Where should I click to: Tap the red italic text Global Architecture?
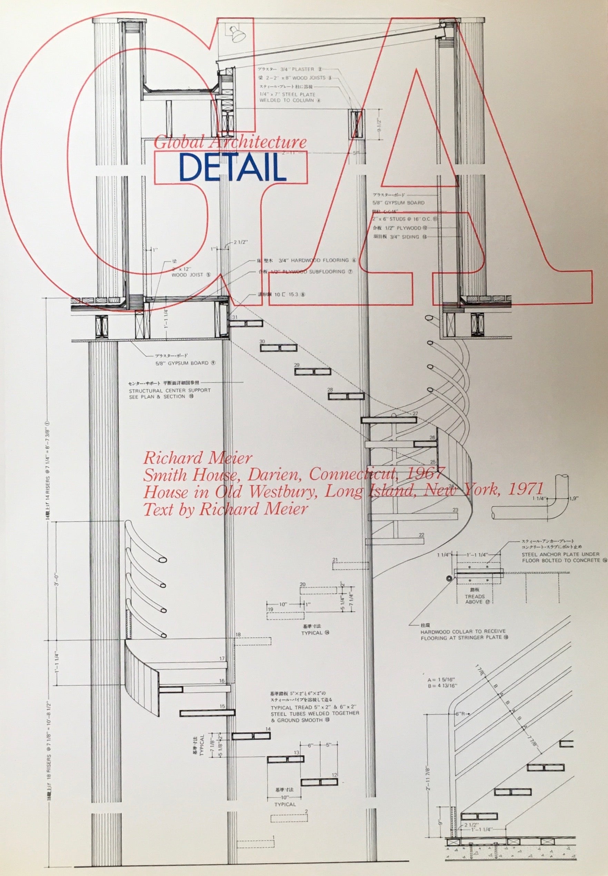coord(230,142)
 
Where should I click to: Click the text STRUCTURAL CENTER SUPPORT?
coord(170,390)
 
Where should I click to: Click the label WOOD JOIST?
coord(187,274)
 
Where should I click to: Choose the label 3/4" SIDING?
coord(404,237)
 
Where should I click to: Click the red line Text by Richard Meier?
coord(225,509)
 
